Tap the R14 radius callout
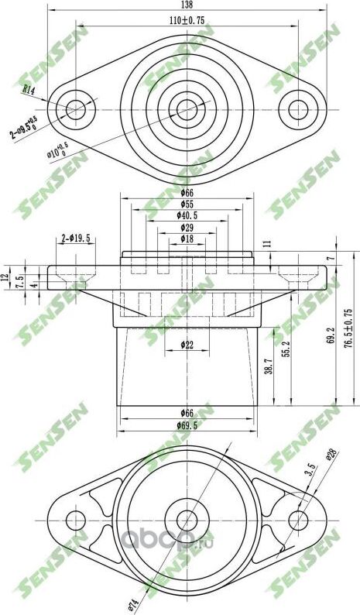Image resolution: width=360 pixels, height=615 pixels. coord(29,91)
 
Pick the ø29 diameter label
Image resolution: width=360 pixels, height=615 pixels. coord(186,228)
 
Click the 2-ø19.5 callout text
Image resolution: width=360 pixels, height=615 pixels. coord(77,240)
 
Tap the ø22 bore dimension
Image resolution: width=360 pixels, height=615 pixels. coord(187,345)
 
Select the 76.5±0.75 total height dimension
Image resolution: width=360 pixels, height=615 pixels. coord(348,328)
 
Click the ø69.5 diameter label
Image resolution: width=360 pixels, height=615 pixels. coord(187,427)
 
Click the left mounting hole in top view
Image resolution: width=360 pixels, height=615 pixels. coord(76,108)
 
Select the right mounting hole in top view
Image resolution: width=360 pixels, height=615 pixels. coord(298,108)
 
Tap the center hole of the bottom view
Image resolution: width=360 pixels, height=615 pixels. coord(187,519)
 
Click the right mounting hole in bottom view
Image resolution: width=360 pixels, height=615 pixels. coord(298,519)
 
